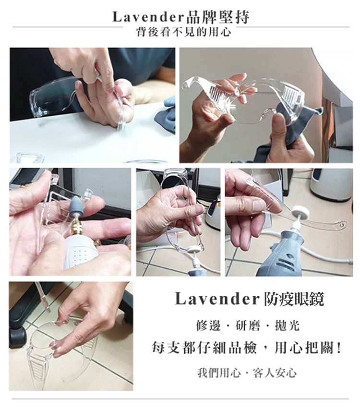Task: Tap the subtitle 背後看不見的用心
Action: (183, 32)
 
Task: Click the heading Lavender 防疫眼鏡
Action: (249, 299)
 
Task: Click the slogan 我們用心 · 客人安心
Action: (247, 373)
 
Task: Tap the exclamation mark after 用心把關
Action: (339, 349)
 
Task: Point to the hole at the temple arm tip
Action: (342, 224)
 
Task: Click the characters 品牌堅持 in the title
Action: (217, 17)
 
